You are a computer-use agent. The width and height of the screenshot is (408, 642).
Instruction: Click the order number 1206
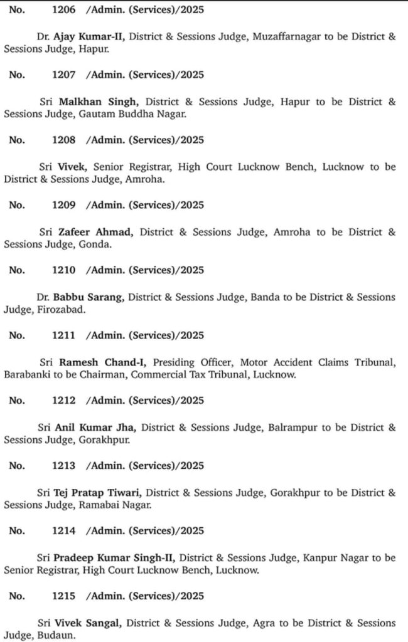(x=64, y=9)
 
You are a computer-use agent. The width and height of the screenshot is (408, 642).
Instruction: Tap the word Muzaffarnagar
(x=286, y=36)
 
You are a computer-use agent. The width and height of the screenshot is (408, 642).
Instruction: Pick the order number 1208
(x=64, y=140)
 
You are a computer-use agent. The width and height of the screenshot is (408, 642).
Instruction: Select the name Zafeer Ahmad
(x=95, y=232)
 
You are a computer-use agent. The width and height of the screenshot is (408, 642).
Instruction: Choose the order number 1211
(x=64, y=335)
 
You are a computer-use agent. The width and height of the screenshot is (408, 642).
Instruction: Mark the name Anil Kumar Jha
(x=97, y=428)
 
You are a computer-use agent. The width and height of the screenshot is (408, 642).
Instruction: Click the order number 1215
(x=64, y=596)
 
